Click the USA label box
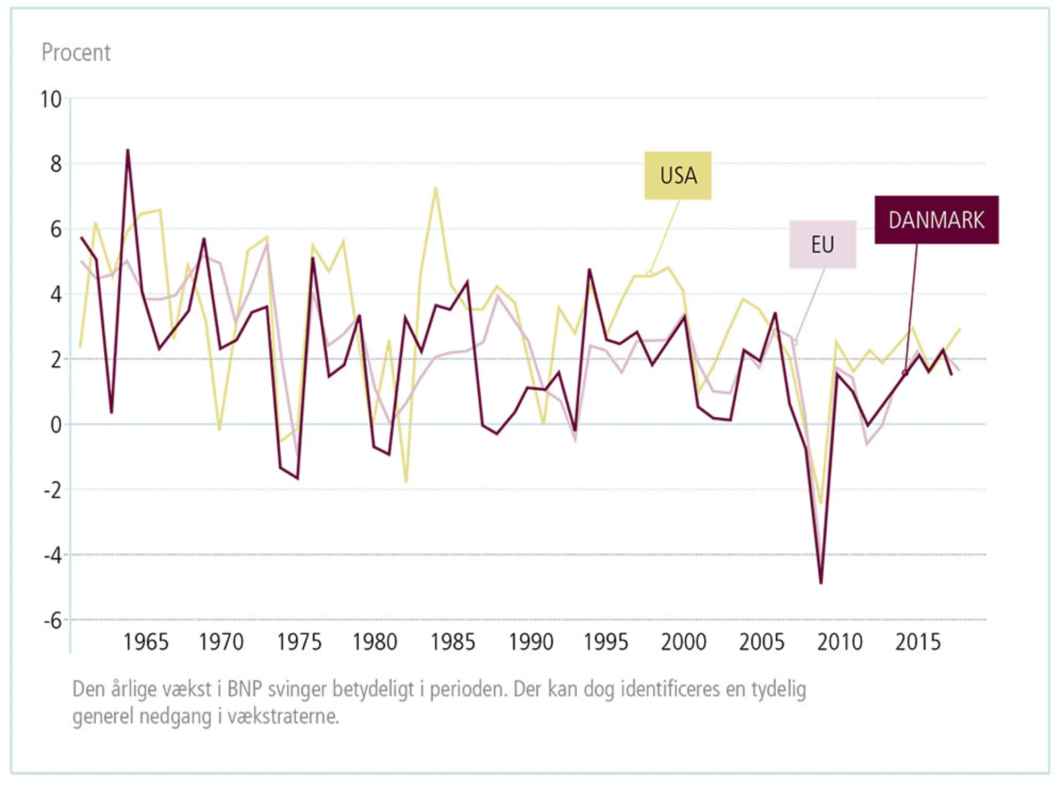[x=678, y=176]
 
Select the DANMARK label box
[x=936, y=220]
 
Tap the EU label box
[x=822, y=245]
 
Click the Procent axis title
[x=76, y=53]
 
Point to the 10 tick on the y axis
[x=51, y=100]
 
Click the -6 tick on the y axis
[x=53, y=621]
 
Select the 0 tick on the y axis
[x=56, y=425]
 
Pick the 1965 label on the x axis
[x=146, y=642]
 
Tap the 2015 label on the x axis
[x=918, y=642]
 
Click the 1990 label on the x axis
[x=531, y=642]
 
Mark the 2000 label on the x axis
[x=684, y=642]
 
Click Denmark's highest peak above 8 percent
[x=128, y=151]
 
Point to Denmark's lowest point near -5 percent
[x=821, y=583]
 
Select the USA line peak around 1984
[x=436, y=188]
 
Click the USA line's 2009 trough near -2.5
[x=821, y=502]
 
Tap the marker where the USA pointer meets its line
[x=650, y=274]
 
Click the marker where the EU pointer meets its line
[x=795, y=342]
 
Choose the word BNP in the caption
[x=245, y=689]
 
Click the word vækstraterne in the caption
[x=283, y=716]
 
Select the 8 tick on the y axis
[x=56, y=164]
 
